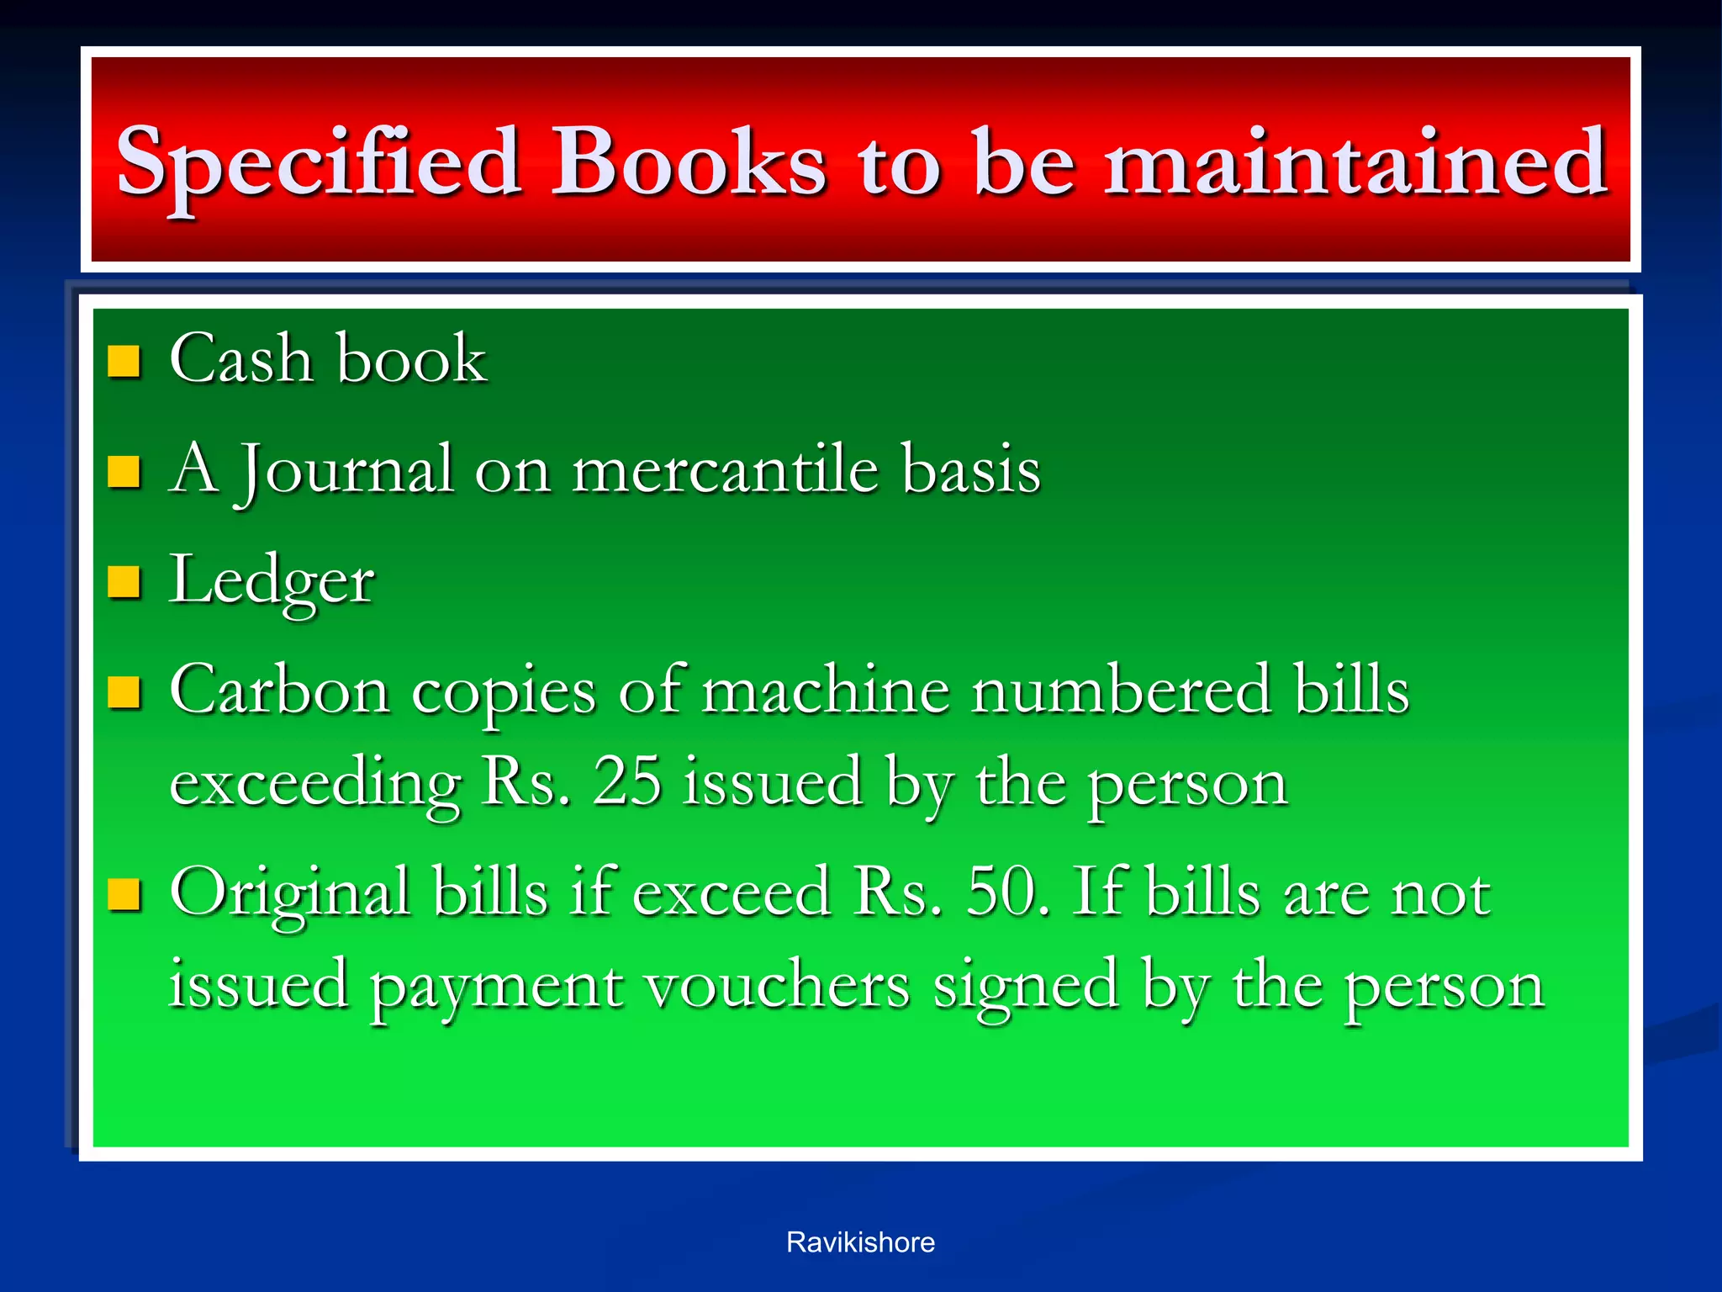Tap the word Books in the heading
pos(688,161)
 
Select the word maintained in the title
pos(1355,161)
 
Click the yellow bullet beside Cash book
pos(124,361)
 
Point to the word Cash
pos(240,359)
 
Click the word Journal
pos(347,469)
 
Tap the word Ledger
pos(272,581)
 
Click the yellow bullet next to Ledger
pos(124,581)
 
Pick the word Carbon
pos(279,691)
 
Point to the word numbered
pos(1120,691)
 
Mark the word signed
pos(1026,986)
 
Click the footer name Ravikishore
pos(860,1242)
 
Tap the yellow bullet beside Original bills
pos(124,895)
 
